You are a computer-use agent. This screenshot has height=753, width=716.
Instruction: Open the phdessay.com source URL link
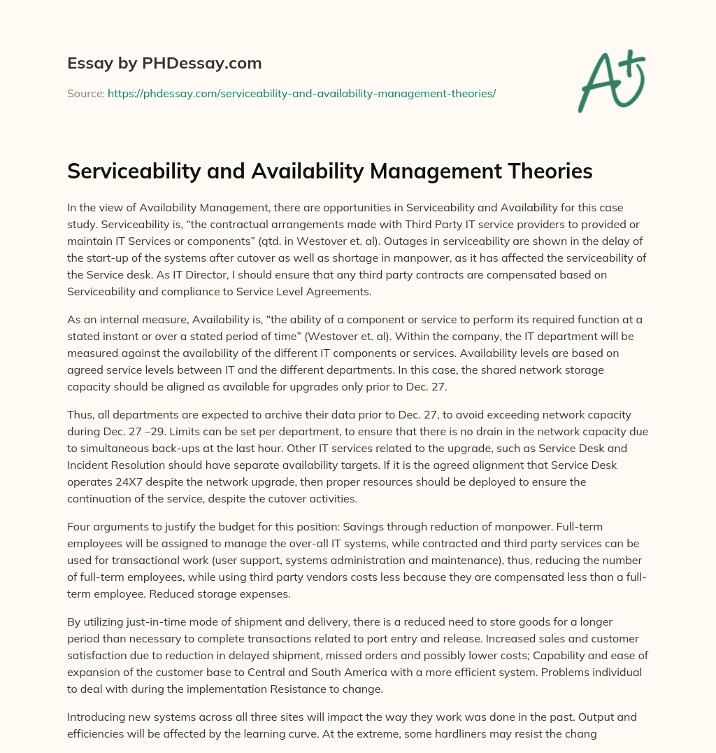301,93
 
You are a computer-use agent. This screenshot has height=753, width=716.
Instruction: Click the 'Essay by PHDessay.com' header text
164,64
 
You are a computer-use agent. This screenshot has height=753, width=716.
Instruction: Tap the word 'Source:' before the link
86,93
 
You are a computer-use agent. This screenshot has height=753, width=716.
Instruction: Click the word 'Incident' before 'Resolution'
88,466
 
